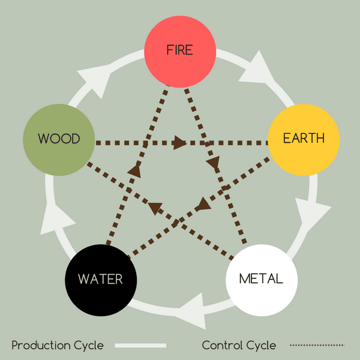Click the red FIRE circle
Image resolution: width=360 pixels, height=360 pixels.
point(180,50)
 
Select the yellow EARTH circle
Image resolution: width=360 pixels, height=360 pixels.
point(304,139)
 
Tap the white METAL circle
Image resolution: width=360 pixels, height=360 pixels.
point(261,280)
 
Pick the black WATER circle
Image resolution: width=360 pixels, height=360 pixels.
point(101,280)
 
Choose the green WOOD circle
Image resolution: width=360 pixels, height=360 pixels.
point(59,139)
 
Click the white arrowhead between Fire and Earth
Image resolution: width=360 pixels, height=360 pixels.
point(257,67)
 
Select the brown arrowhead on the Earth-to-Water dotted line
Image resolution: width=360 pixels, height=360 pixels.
point(204,203)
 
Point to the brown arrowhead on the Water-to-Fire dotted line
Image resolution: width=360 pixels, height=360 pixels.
point(134,172)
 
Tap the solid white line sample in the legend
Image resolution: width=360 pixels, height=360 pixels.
point(140,346)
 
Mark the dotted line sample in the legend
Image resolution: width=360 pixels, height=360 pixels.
point(317,346)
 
